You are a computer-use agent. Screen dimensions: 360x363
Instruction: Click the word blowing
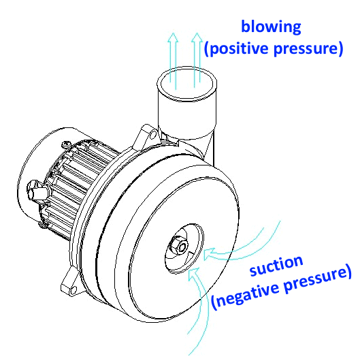coord(271,27)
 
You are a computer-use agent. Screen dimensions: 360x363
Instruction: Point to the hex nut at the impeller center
coord(178,246)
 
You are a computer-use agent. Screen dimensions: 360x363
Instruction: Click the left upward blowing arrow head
coord(173,37)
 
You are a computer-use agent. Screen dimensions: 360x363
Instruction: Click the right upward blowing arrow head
coord(197,37)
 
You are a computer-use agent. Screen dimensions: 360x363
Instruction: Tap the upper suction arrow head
coord(210,254)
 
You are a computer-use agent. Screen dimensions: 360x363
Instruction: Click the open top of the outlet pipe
coord(187,84)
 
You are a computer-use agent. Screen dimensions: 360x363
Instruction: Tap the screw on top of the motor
coord(66,145)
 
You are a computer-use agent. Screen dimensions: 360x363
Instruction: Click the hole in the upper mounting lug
coord(152,135)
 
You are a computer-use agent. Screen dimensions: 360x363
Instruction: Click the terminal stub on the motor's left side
coord(37,191)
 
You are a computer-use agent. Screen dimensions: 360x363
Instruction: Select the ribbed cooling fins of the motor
coord(76,185)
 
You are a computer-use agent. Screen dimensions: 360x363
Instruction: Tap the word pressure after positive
coord(308,48)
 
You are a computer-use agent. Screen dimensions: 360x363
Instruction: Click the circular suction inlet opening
coord(184,249)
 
